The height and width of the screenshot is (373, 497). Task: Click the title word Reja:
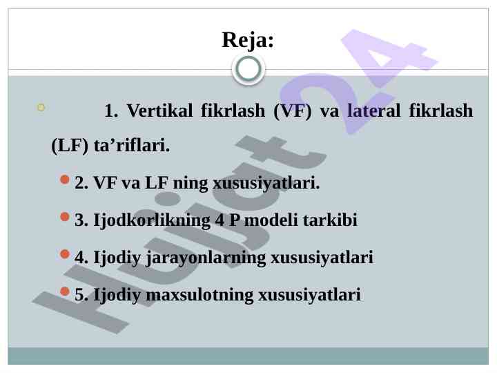tap(248, 41)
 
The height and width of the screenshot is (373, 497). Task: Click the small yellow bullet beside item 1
tap(41, 108)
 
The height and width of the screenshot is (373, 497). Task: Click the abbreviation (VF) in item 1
tap(293, 111)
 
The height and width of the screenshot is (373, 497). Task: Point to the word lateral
tap(374, 111)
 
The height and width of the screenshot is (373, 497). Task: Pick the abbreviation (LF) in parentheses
tap(70, 146)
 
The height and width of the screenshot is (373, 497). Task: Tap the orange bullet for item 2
tap(65, 180)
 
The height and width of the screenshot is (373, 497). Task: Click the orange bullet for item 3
tap(65, 217)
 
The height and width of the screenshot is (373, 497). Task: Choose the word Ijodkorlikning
tap(152, 221)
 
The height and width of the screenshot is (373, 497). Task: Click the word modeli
tap(271, 220)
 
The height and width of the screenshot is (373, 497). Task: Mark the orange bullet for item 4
tap(65, 254)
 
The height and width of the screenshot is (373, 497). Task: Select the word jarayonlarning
tap(206, 258)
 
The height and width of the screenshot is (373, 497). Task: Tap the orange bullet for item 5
tap(65, 291)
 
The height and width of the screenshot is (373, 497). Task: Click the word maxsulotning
tap(199, 295)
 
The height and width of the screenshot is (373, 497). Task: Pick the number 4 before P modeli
tap(220, 220)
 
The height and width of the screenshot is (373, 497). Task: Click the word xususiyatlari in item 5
tap(310, 296)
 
